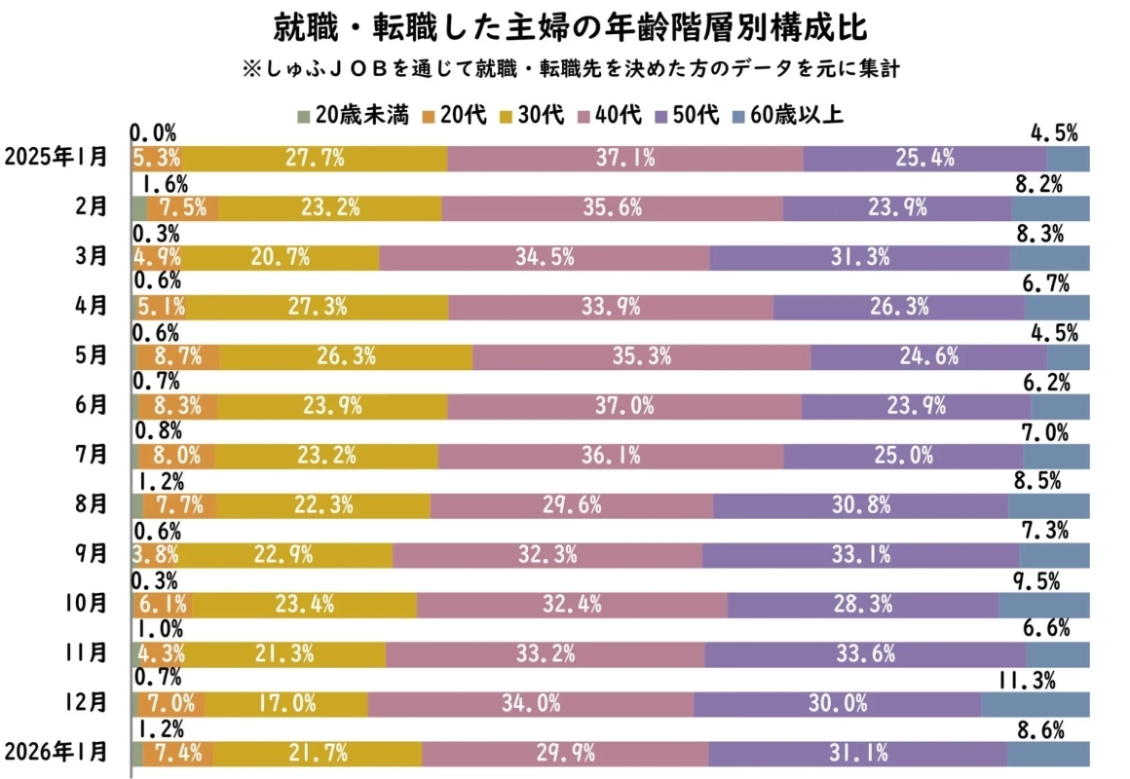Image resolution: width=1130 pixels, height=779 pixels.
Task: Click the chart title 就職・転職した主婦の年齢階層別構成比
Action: point(564,27)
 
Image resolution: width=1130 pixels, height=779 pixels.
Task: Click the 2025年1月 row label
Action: point(56,158)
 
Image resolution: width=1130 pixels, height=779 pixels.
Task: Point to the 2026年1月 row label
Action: point(56,753)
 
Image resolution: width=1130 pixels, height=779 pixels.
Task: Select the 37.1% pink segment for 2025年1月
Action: point(625,158)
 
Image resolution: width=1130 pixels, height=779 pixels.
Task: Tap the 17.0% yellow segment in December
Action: point(286,703)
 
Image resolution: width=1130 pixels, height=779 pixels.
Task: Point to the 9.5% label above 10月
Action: point(1036,580)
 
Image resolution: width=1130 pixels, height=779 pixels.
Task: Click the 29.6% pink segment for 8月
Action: point(571,505)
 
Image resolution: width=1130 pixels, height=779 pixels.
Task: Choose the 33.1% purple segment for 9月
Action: point(860,555)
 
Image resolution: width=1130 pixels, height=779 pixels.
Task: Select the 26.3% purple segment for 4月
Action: point(898,307)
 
